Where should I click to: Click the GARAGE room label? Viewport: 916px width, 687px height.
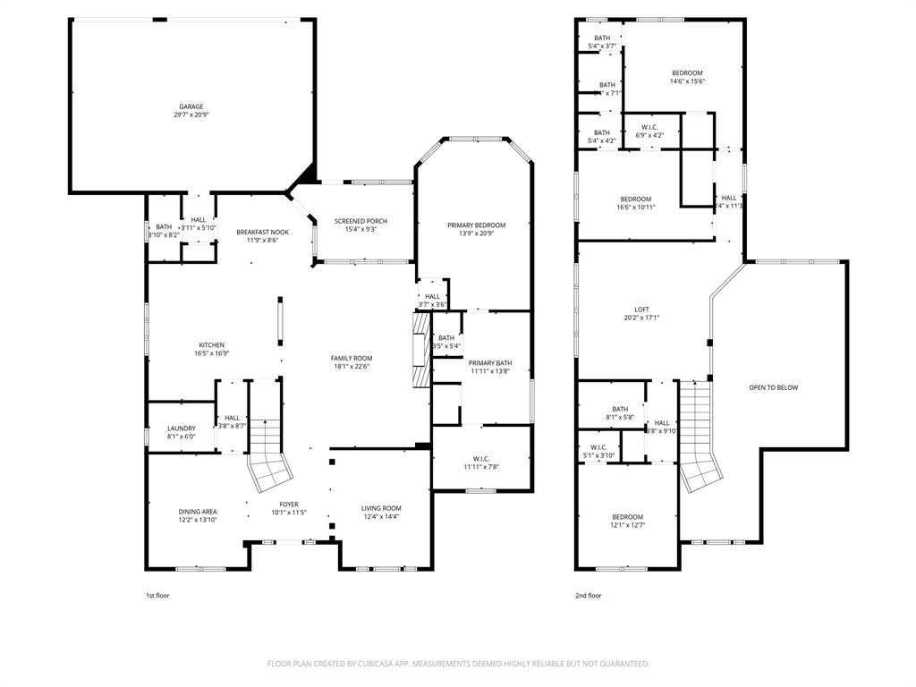pos(191,106)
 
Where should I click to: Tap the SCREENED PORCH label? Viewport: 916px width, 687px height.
pos(360,222)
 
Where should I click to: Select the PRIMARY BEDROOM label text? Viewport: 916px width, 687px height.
pos(476,225)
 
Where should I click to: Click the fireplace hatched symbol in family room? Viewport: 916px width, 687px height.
pos(421,350)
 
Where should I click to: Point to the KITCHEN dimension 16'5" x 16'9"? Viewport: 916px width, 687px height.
pos(211,353)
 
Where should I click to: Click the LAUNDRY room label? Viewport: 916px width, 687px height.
pos(181,428)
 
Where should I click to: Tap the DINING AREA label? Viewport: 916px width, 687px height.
pos(197,512)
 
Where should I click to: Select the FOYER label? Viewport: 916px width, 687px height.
pos(289,504)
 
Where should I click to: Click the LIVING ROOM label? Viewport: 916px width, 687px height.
pos(381,507)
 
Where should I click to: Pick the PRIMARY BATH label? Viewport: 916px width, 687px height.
pos(490,362)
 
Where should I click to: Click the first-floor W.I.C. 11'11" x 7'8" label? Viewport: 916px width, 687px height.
pos(481,467)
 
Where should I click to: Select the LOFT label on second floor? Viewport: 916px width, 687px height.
pos(641,309)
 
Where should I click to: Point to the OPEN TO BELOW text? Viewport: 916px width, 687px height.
pos(773,387)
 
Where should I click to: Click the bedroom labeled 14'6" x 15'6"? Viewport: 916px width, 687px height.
pos(687,73)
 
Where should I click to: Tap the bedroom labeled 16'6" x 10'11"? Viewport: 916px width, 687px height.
pos(635,199)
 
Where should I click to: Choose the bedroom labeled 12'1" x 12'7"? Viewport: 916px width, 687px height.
pos(627,517)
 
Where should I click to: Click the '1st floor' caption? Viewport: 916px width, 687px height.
pos(157,595)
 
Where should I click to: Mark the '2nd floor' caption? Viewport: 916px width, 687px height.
pos(588,595)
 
